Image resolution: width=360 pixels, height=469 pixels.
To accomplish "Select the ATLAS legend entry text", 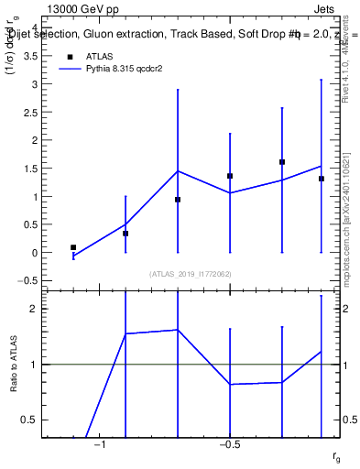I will click(100, 56).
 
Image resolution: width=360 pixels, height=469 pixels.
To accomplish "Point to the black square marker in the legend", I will click(68, 56).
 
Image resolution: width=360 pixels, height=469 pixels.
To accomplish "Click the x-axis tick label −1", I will click(100, 444).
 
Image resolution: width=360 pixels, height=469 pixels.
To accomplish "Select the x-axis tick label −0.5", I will click(229, 444).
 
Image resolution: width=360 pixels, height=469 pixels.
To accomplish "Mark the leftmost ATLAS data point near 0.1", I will click(73, 247).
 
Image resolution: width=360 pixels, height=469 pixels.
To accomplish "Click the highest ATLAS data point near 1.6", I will click(282, 162).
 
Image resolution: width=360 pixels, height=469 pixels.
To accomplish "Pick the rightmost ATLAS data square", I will click(322, 179).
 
